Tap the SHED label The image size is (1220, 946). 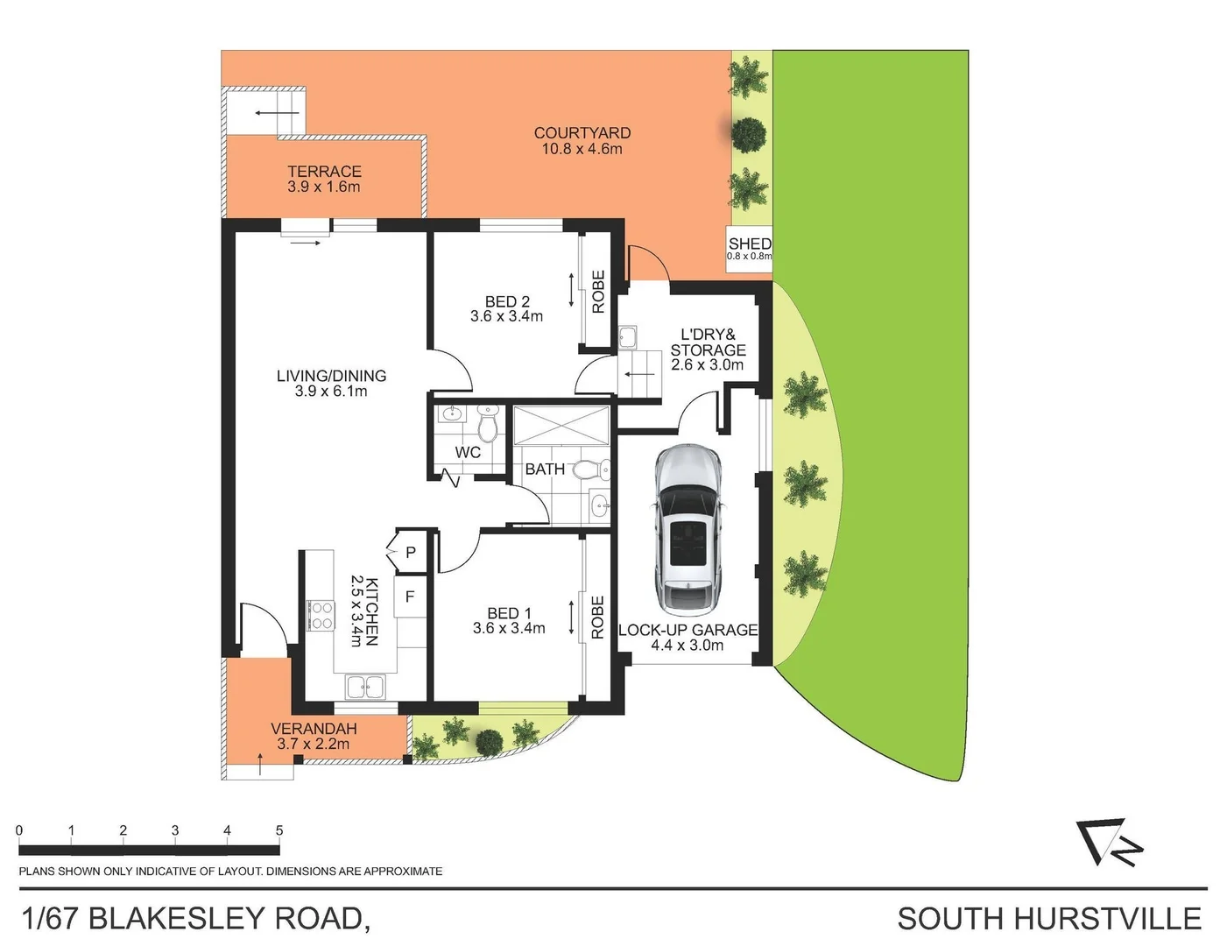click(x=750, y=244)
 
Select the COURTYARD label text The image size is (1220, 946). click(x=582, y=133)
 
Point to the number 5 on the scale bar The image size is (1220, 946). click(x=279, y=830)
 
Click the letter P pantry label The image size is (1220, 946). click(x=410, y=553)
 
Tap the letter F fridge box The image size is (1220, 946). click(x=410, y=597)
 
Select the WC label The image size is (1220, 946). click(x=468, y=453)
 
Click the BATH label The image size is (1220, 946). click(x=545, y=469)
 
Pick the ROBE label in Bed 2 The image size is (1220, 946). click(x=598, y=292)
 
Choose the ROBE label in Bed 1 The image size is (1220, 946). click(x=598, y=617)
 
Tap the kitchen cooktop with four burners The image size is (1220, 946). click(x=320, y=615)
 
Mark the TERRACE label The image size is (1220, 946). click(x=324, y=172)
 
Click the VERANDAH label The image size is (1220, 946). click(x=314, y=729)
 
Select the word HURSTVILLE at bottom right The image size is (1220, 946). click(x=1107, y=919)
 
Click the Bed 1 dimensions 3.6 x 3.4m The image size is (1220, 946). click(x=509, y=628)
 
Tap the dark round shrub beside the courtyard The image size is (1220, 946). click(x=748, y=134)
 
